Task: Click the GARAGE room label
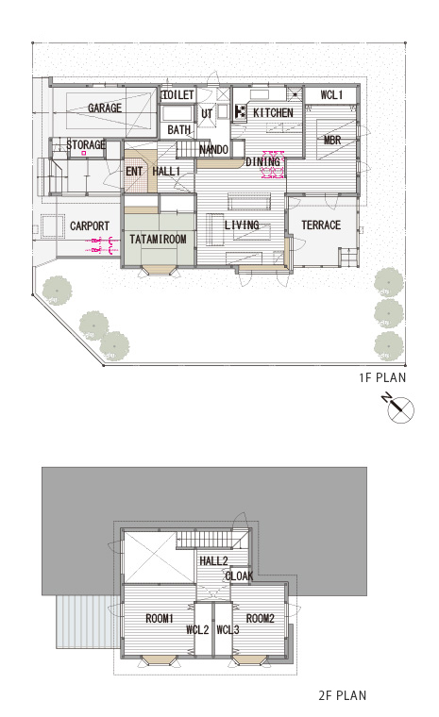(105, 108)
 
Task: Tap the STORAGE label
(86, 145)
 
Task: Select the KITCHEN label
(273, 112)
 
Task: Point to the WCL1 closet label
(331, 95)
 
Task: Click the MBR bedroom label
(332, 140)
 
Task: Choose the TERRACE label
(321, 225)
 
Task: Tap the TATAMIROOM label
(158, 239)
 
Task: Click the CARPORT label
(90, 225)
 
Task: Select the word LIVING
(242, 225)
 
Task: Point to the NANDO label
(213, 149)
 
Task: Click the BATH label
(179, 130)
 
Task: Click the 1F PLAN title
(382, 377)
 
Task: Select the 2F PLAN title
(343, 695)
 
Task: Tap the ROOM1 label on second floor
(160, 619)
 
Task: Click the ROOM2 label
(260, 619)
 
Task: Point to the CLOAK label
(239, 575)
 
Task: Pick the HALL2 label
(213, 560)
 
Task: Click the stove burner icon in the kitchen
(241, 111)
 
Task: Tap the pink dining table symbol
(273, 164)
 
